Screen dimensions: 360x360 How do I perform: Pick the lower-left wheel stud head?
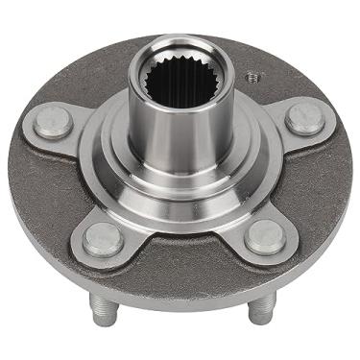(102, 238)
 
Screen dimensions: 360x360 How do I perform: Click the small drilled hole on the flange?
(252, 74)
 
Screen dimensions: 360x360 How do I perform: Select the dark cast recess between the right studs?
(312, 182)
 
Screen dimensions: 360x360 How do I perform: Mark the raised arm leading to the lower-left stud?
(125, 216)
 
